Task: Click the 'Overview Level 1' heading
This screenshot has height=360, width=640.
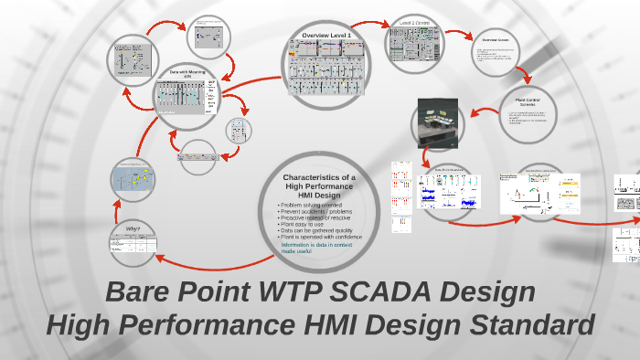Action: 326,35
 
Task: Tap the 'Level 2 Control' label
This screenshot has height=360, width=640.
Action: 417,19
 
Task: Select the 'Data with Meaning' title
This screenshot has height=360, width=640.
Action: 187,72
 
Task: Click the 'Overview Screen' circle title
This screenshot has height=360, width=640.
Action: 496,40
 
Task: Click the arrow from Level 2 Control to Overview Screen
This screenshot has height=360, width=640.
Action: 460,33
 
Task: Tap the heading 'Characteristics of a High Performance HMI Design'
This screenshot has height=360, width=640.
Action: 320,185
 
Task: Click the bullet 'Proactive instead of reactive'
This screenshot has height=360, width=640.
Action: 316,218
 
